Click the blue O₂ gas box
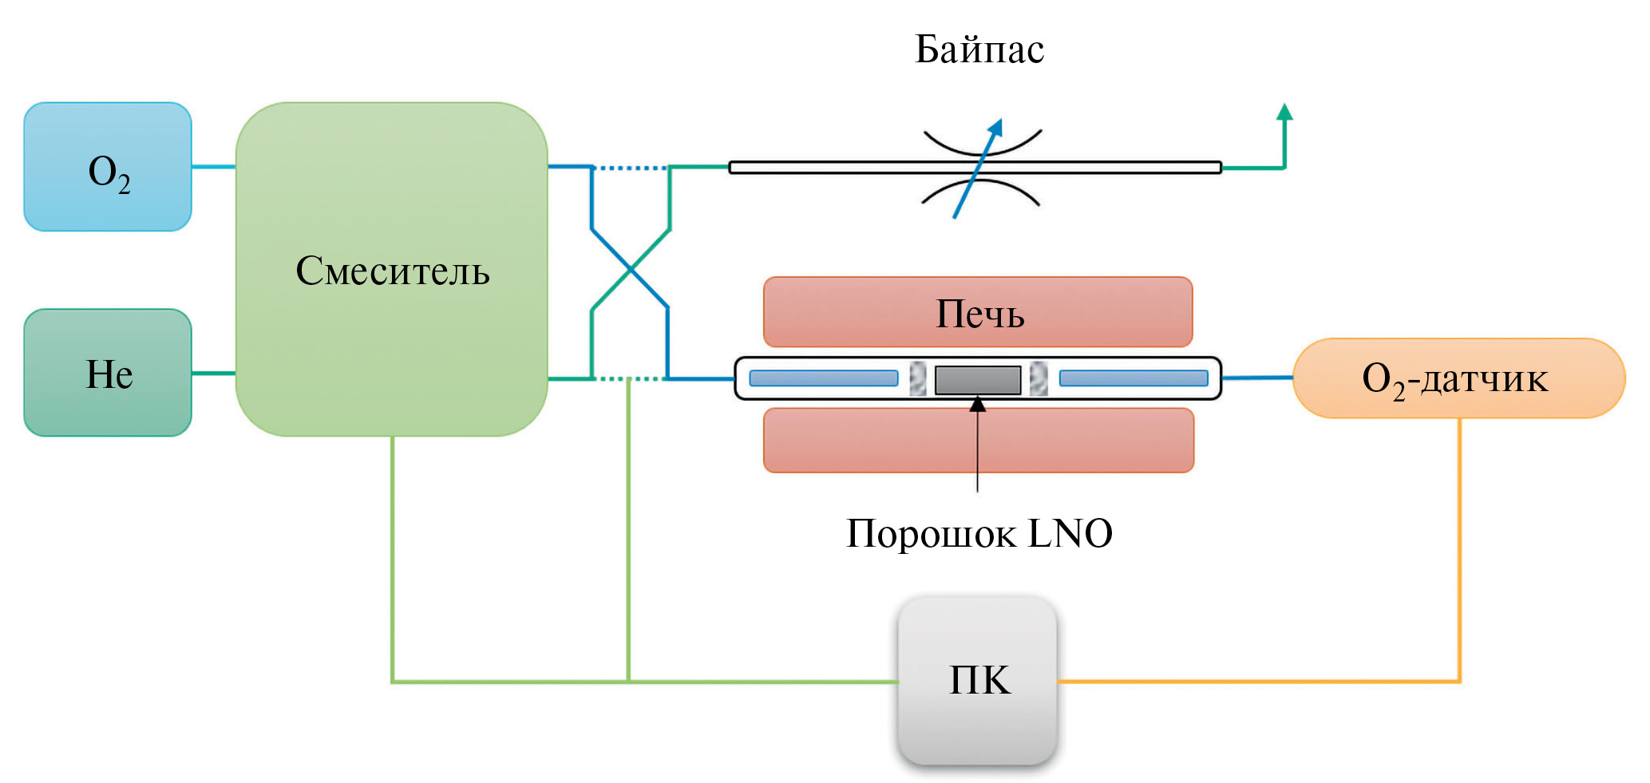pos(107,167)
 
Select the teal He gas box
pos(107,373)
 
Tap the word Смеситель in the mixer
pos(392,271)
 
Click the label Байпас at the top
pos(979,49)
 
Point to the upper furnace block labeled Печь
pos(978,312)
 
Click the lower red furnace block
pos(978,441)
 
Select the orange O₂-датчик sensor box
pos(1458,378)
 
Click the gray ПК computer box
pos(978,680)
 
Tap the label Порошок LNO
pos(979,533)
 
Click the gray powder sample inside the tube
pos(977,380)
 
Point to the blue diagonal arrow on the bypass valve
pos(978,168)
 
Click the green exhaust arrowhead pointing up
pos(1284,113)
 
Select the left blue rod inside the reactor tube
pos(823,378)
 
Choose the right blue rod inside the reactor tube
pos(1133,378)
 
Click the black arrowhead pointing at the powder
pos(977,405)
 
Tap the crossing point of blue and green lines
pos(631,270)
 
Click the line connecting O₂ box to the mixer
pos(213,167)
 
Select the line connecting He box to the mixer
pos(213,373)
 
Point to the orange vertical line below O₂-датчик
pos(1459,551)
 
